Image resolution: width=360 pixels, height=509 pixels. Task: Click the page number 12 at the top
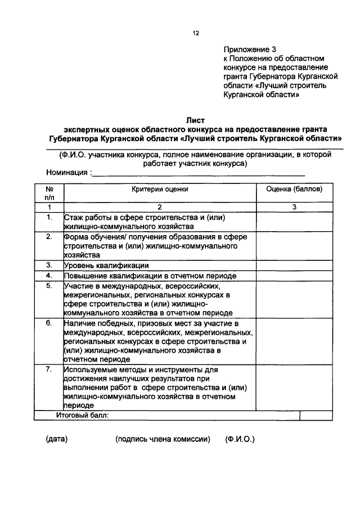196,33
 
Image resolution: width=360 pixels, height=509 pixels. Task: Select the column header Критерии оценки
160,190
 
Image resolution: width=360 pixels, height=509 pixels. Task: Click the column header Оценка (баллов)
294,190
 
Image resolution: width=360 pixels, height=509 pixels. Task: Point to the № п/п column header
49,194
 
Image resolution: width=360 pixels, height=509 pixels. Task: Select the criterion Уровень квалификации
106,265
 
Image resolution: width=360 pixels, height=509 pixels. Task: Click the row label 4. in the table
49,276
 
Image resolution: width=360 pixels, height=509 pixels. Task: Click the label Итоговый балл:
82,416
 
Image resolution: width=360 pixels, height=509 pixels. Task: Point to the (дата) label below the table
57,439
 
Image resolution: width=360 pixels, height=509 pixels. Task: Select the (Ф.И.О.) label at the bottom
240,439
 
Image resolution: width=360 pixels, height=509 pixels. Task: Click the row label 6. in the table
49,323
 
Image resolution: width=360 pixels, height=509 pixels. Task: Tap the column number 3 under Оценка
294,207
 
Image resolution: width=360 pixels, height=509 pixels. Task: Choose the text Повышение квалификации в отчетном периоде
150,276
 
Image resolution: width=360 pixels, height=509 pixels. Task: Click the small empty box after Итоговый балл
308,416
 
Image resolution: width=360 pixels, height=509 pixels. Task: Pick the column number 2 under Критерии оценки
160,207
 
